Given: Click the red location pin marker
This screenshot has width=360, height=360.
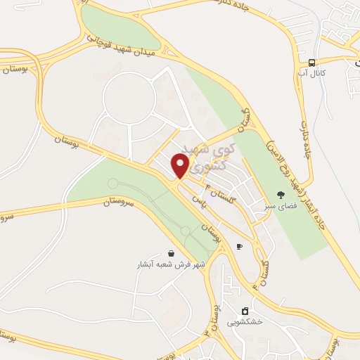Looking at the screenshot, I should tap(181, 166).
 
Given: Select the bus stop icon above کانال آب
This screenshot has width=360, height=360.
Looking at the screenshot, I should tap(311, 62).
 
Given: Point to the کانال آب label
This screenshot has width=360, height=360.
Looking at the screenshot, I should tap(312, 73).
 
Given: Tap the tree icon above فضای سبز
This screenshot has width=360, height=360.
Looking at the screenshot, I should tap(281, 195).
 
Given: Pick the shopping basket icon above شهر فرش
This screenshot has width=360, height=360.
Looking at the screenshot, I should tap(172, 253).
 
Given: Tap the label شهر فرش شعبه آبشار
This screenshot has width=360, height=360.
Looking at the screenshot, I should tap(172, 265).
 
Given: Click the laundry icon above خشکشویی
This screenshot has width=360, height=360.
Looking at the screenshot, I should tap(245, 310).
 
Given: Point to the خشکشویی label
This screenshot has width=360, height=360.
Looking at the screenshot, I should tap(245, 321).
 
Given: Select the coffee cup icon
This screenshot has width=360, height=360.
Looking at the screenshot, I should tap(240, 246).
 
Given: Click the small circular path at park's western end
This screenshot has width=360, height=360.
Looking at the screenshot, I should tap(112, 184).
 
